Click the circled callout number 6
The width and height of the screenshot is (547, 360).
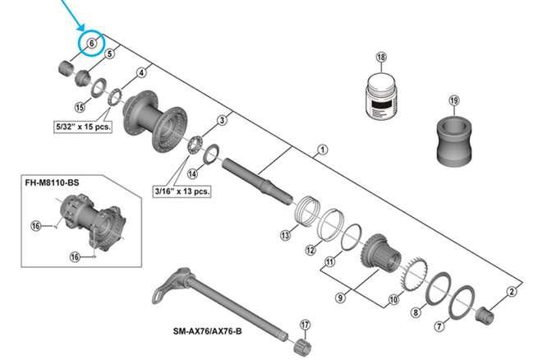pyautogui.click(x=91, y=44)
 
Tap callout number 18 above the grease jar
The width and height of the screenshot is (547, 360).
pyautogui.click(x=381, y=58)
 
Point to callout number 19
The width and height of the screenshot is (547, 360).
pyautogui.click(x=453, y=100)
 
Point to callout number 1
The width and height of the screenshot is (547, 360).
pyautogui.click(x=322, y=150)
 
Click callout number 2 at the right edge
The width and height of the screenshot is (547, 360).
pyautogui.click(x=512, y=290)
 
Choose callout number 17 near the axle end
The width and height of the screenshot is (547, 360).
pyautogui.click(x=305, y=325)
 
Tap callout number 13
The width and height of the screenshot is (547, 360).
pyautogui.click(x=286, y=235)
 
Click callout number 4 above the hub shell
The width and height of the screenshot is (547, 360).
pyautogui.click(x=141, y=72)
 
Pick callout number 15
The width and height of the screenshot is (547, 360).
pyautogui.click(x=80, y=106)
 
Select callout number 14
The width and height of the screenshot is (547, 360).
pyautogui.click(x=192, y=173)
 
